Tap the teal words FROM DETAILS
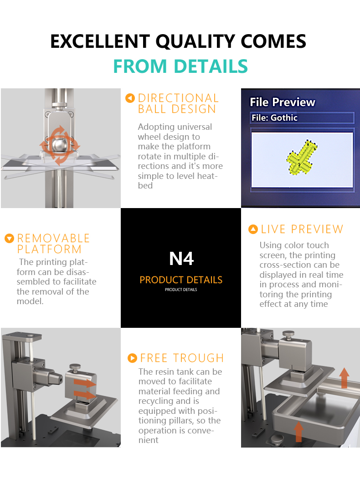click(180, 66)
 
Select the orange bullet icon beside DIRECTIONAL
click(130, 98)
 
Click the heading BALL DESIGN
click(177, 109)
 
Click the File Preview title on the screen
click(282, 102)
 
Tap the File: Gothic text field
click(302, 118)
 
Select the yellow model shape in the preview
click(302, 158)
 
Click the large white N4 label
click(181, 259)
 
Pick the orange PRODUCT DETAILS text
click(181, 280)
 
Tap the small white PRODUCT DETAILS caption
click(181, 290)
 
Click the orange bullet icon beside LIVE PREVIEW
click(253, 229)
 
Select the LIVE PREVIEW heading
click(302, 229)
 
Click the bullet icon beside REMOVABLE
click(10, 239)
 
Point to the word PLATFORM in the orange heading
click(49, 250)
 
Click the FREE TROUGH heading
click(182, 358)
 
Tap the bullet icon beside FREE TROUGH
click(133, 358)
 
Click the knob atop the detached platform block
click(75, 367)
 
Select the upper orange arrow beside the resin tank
click(344, 377)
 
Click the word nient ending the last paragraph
click(148, 440)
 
